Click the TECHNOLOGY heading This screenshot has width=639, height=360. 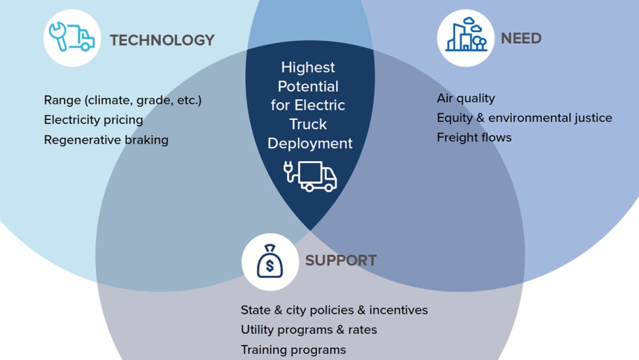coord(162,40)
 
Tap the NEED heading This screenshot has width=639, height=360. coord(521,38)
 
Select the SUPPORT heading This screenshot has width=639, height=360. coord(340,260)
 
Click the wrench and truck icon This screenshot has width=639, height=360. coord(72,38)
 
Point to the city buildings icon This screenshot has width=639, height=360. coord(466,38)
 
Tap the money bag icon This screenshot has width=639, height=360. coord(270,262)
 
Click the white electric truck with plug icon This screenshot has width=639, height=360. coord(310,175)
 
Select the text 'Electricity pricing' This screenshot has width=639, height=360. coord(93,120)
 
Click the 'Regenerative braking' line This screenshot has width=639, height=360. coord(106,140)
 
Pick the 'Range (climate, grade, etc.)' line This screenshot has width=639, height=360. coord(123,100)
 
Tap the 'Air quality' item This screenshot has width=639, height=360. coord(466,98)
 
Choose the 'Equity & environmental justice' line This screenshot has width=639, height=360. coord(524,118)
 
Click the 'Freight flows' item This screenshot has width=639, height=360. coord(474,138)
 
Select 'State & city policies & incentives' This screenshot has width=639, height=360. coord(334,310)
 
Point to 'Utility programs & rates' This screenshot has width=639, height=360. coord(308,329)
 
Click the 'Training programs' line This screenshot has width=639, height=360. coord(293,350)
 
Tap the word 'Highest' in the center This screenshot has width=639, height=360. coord(308,67)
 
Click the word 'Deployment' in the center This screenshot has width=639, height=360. coord(310,143)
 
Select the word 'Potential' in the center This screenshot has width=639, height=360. coord(308,86)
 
